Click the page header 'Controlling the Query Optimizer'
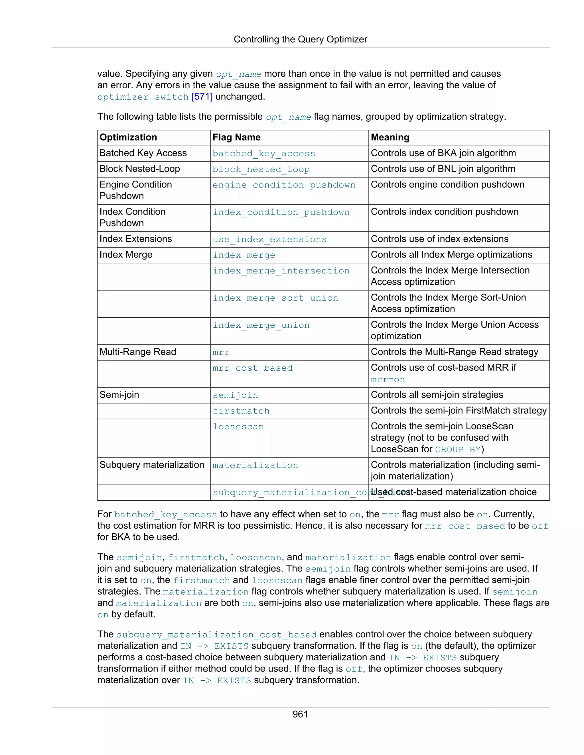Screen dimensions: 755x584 [x=300, y=39]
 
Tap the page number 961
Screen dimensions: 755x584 [x=300, y=714]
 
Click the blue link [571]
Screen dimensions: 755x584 [x=202, y=97]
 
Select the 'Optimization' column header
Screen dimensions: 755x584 [x=128, y=137]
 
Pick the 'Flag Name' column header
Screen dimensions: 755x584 [x=236, y=137]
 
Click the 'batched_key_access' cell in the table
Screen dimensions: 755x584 [x=264, y=154]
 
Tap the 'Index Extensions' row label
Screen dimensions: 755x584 [x=136, y=239]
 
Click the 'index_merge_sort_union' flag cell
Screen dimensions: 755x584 [x=275, y=298]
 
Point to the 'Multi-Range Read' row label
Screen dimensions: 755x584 [x=138, y=352]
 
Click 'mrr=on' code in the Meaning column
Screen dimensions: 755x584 [x=388, y=379]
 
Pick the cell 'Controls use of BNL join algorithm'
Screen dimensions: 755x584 [x=443, y=169]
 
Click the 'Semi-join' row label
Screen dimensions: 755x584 [x=119, y=395]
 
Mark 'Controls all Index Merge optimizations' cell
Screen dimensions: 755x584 [x=451, y=255]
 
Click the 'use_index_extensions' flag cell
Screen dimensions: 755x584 [x=269, y=239]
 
